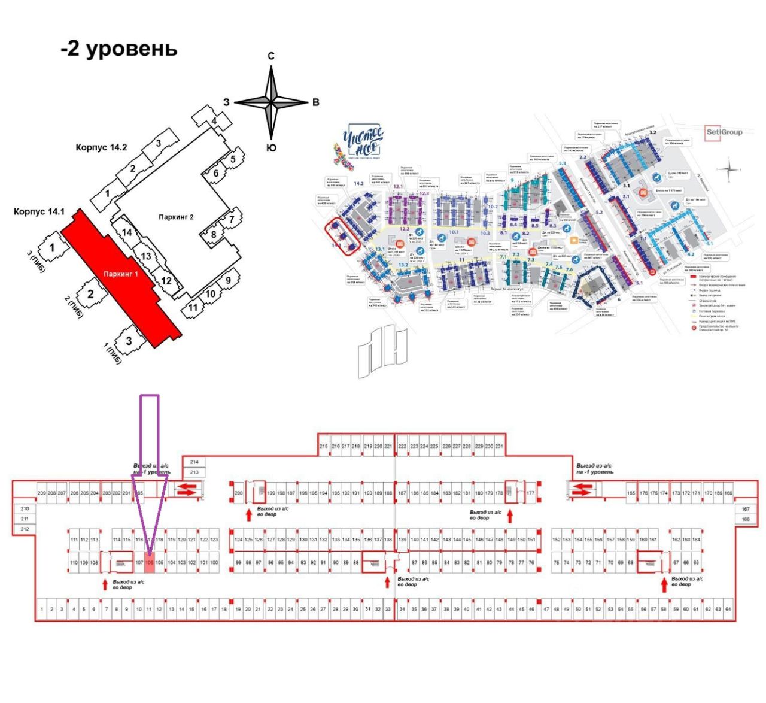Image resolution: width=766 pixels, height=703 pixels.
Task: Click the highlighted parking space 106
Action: pyautogui.click(x=150, y=563)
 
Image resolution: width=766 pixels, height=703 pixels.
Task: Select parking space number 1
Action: pyautogui.click(x=42, y=609)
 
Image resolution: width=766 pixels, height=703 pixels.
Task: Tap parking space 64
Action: pyautogui.click(x=728, y=609)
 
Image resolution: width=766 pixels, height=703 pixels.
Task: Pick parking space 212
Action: pyautogui.click(x=25, y=529)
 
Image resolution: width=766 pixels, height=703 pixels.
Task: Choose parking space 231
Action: pyautogui.click(x=499, y=446)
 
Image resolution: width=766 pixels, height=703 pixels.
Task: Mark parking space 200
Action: pyautogui.click(x=239, y=493)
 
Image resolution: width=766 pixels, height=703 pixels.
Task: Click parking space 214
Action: pyautogui.click(x=194, y=462)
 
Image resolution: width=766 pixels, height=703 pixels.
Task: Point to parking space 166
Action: pyautogui.click(x=746, y=519)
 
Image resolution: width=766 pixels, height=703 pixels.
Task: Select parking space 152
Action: pyautogui.click(x=557, y=540)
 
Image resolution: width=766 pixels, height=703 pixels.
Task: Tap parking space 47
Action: pyautogui.click(x=546, y=609)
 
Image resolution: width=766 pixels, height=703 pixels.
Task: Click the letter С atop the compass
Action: pyautogui.click(x=271, y=56)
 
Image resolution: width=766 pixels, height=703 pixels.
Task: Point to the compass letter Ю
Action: pyautogui.click(x=271, y=147)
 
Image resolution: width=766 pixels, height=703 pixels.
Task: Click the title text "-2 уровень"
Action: pyautogui.click(x=119, y=48)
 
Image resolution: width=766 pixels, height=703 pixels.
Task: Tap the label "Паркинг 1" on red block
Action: pyautogui.click(x=121, y=274)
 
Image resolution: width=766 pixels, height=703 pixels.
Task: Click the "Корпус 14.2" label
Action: pyautogui.click(x=101, y=147)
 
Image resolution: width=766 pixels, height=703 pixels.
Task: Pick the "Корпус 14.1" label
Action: pyautogui.click(x=39, y=211)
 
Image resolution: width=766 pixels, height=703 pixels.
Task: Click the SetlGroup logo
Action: pyautogui.click(x=724, y=132)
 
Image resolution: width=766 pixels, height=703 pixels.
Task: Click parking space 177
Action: pyautogui.click(x=530, y=493)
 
